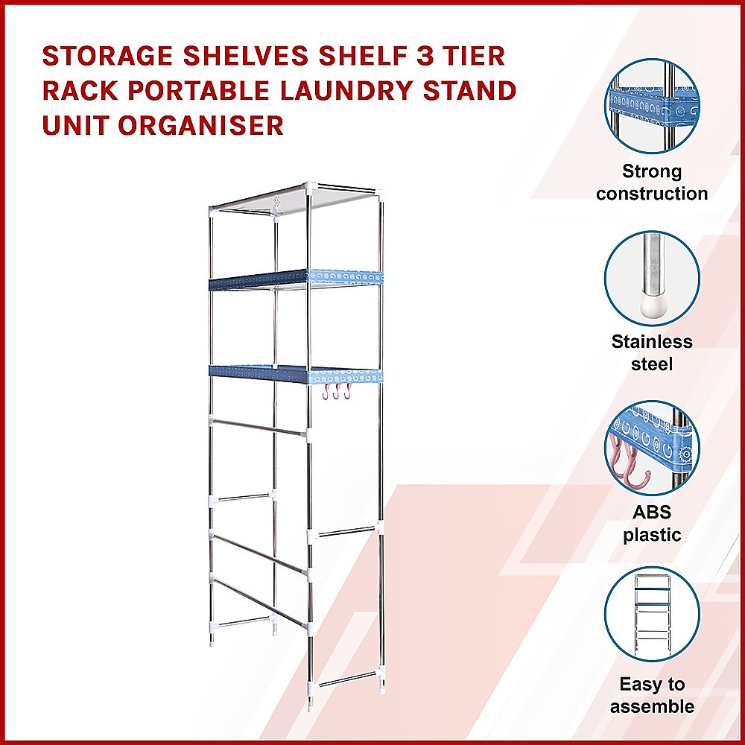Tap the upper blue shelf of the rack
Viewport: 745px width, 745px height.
pos(297,278)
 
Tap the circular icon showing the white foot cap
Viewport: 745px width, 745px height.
pos(652,278)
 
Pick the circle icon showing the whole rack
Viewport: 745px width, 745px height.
pos(652,614)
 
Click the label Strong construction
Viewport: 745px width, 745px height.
pos(652,183)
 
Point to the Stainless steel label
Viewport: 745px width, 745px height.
pos(652,353)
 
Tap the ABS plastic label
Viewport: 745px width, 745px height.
pos(652,524)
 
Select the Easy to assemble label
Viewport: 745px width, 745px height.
pos(652,695)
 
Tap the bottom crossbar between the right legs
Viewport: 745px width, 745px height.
pos(348,679)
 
